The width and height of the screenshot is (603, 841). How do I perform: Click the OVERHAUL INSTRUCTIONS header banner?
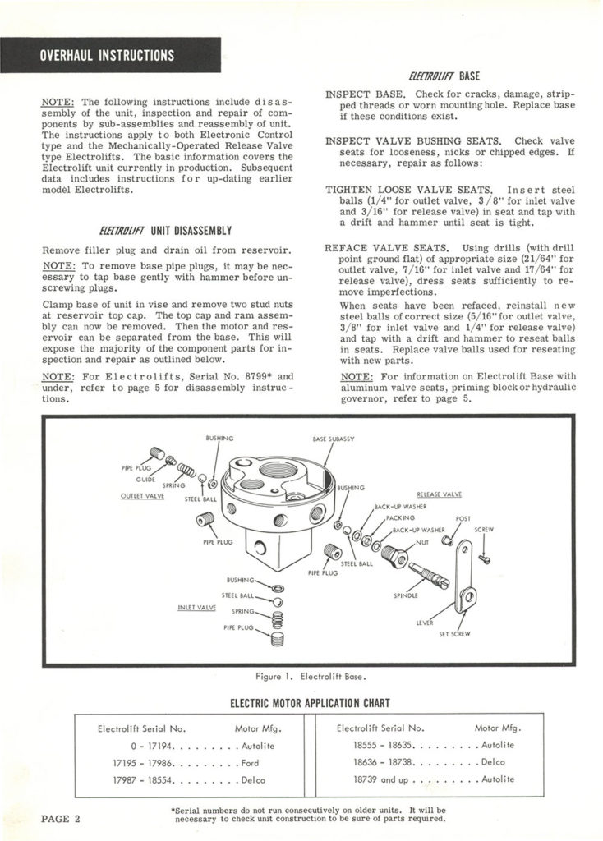[108, 56]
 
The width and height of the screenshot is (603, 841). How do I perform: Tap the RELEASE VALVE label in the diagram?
[440, 494]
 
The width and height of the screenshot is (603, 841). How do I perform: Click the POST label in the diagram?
[464, 519]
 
